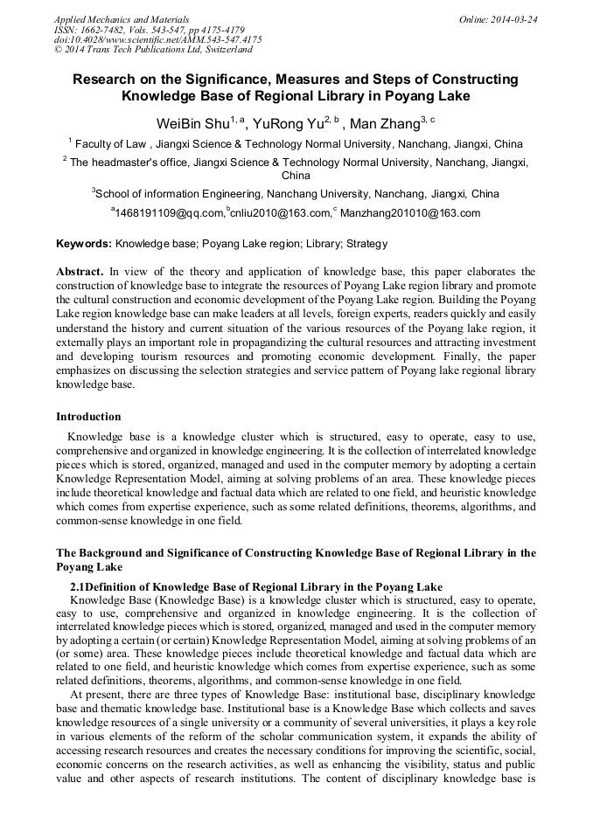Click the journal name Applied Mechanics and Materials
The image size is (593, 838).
coord(121,19)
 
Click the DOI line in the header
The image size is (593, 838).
coord(157,40)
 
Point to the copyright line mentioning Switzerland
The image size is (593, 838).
coord(154,51)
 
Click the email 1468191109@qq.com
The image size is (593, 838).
coord(170,212)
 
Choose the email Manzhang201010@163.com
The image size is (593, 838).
coord(409,212)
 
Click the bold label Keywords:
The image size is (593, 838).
coord(84,244)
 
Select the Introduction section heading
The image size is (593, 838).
coord(88,416)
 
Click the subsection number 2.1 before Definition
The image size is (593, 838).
coord(77,586)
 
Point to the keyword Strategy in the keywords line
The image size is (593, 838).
coord(367,244)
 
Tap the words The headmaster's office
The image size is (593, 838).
coord(127,163)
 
